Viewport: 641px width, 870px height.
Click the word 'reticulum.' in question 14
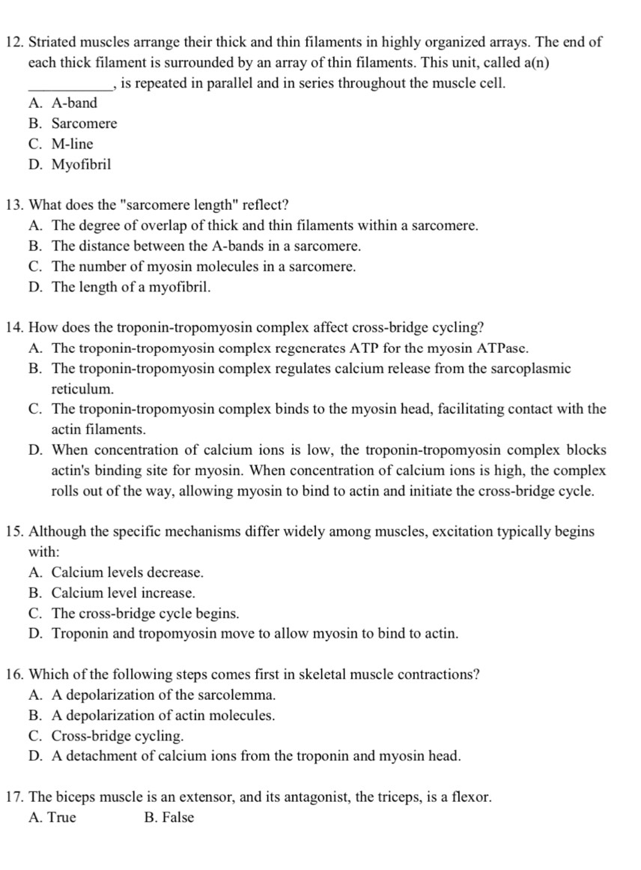pyautogui.click(x=83, y=389)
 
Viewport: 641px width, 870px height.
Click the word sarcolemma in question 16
pyautogui.click(x=239, y=695)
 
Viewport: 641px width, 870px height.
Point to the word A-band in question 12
pyautogui.click(x=74, y=103)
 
